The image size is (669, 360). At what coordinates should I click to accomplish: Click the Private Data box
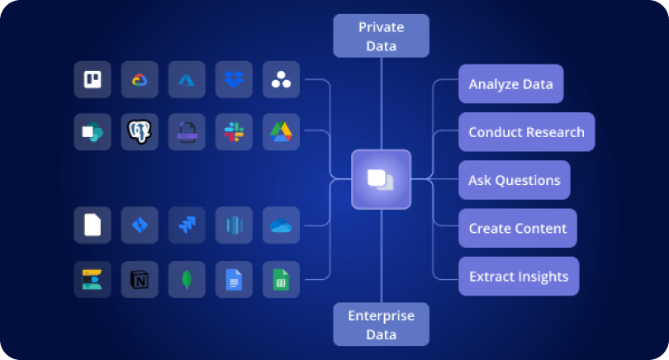[x=381, y=36]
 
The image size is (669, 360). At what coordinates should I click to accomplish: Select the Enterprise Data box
[x=381, y=324]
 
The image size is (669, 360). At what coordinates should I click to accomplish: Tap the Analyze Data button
[x=510, y=84]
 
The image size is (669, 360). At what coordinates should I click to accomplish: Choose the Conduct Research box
[x=526, y=132]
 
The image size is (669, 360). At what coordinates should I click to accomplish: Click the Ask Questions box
[x=514, y=180]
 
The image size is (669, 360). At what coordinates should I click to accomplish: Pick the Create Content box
[x=517, y=228]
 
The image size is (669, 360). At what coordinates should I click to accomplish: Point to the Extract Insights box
[x=518, y=276]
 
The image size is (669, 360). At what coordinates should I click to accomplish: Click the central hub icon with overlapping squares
[x=381, y=179]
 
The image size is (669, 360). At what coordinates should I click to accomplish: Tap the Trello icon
[x=93, y=80]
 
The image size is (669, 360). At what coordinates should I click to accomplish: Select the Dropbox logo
[x=234, y=80]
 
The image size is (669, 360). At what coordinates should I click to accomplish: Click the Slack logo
[x=234, y=132]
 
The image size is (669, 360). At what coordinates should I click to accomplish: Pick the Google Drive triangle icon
[x=281, y=132]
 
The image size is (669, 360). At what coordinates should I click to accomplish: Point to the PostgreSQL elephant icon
[x=140, y=132]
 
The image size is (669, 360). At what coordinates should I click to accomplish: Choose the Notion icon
[x=140, y=280]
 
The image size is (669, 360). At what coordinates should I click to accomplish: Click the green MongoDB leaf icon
[x=187, y=280]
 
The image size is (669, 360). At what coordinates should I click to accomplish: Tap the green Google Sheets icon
[x=281, y=280]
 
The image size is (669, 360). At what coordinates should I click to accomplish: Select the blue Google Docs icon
[x=234, y=280]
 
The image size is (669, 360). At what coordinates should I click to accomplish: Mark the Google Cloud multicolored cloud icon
[x=140, y=80]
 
